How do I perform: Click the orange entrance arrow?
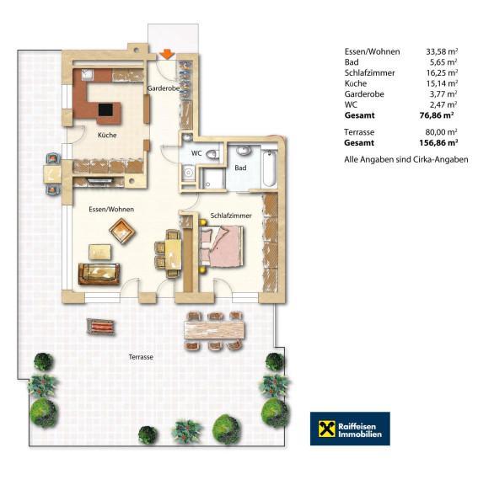[167, 54]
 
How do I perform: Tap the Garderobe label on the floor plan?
[164, 88]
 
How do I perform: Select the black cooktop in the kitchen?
[105, 109]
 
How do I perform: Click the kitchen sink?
[87, 74]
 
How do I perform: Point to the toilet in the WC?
[212, 154]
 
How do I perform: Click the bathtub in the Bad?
[269, 168]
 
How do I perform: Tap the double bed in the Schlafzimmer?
[222, 246]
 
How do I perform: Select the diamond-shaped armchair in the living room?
[122, 231]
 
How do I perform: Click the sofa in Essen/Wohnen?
[99, 274]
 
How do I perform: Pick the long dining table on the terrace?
[214, 330]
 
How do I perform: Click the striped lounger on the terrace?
[100, 327]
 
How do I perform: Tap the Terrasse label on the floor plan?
[141, 357]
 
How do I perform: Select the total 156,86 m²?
[438, 142]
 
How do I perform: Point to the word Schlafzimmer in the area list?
[369, 73]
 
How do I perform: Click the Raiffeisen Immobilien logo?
[350, 429]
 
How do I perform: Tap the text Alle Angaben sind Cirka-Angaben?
[405, 160]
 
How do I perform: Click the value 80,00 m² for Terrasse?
[442, 132]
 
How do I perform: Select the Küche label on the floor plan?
[107, 136]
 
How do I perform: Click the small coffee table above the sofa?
[100, 252]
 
